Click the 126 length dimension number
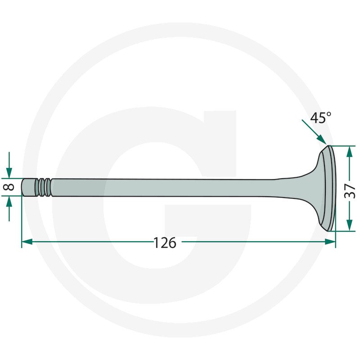(165, 243)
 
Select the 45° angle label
(321, 118)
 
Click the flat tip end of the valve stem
(22, 187)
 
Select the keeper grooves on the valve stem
(44, 187)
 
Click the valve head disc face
(332, 188)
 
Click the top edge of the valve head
(328, 147)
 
